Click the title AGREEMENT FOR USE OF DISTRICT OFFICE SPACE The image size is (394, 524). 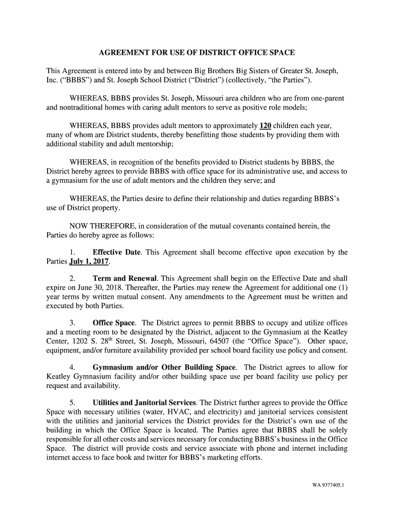click(x=197, y=53)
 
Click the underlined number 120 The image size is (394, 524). click(x=266, y=125)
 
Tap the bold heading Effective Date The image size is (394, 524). click(x=114, y=252)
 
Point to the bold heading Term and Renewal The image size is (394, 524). click(x=125, y=279)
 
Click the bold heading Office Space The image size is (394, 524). click(x=114, y=323)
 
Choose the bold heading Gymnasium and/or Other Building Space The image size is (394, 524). click(x=164, y=367)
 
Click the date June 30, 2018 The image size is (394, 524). click(x=98, y=288)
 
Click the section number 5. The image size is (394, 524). click(x=72, y=403)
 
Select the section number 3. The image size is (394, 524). click(x=72, y=323)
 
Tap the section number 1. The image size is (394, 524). click(x=72, y=252)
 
